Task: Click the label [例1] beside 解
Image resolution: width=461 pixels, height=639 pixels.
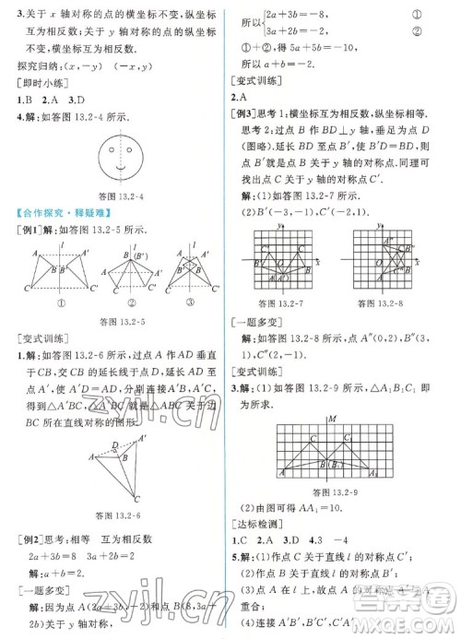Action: tap(28, 231)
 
